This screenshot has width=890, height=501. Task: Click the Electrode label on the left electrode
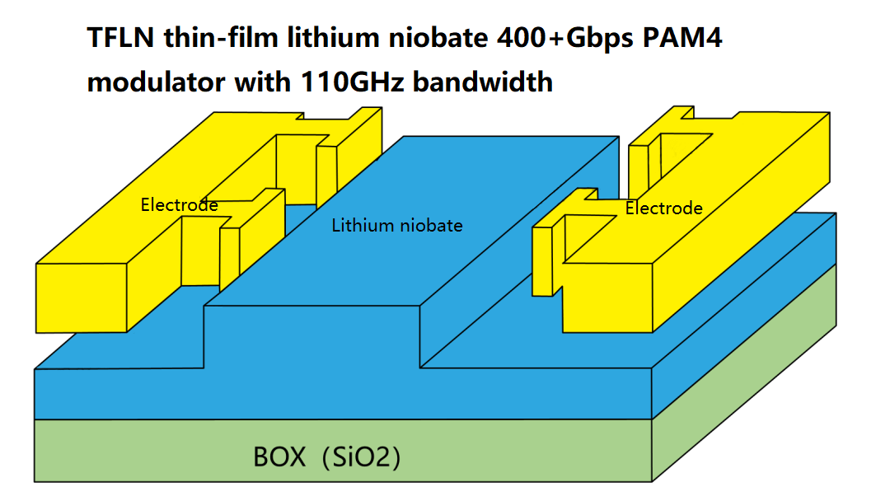tap(179, 204)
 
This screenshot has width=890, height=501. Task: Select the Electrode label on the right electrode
tap(663, 208)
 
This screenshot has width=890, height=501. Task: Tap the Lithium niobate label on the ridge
tap(396, 225)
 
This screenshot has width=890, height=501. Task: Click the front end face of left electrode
tap(82, 299)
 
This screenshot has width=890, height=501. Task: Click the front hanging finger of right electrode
tap(541, 262)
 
